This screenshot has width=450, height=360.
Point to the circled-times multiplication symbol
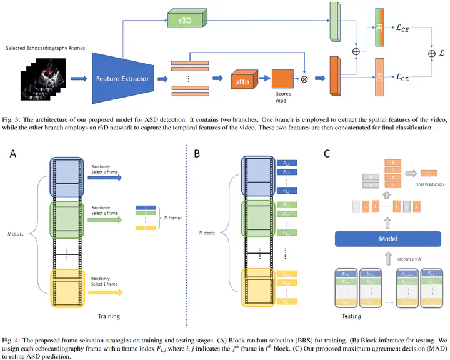[304, 80]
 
